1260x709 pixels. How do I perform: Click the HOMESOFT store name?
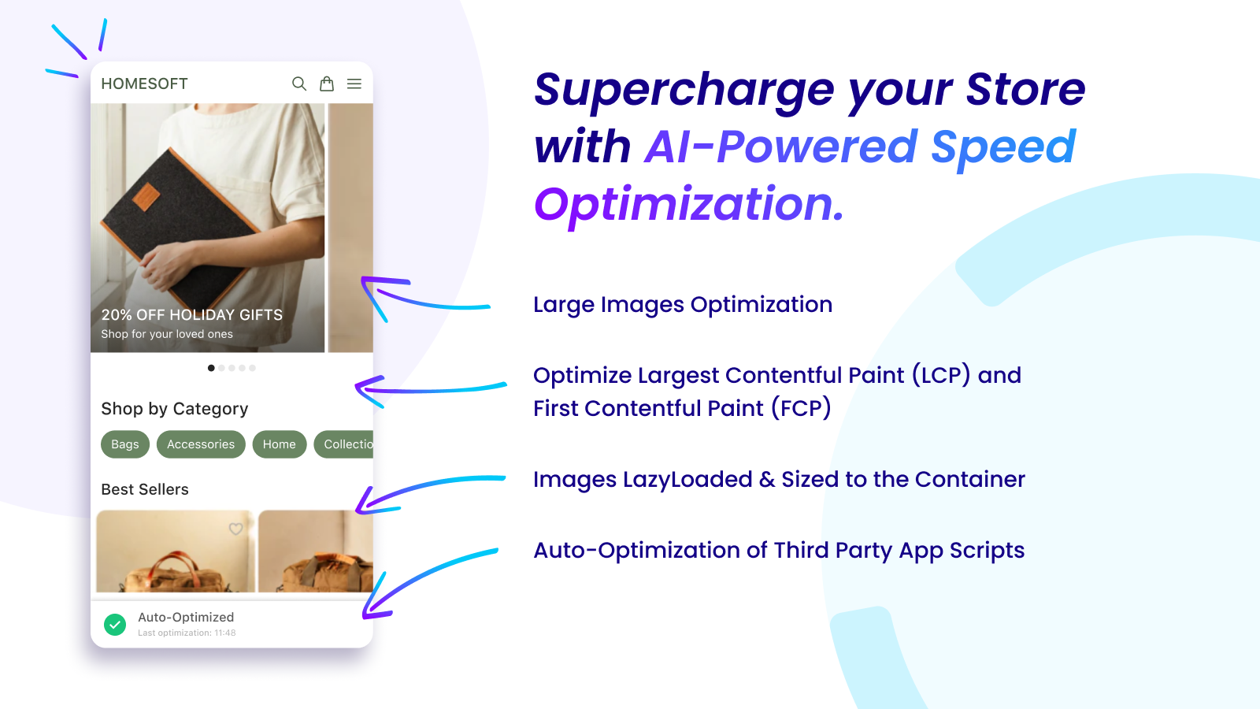coord(144,84)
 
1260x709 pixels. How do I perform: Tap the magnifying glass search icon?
coord(299,84)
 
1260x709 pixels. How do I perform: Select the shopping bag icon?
coord(327,84)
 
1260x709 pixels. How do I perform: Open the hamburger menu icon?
coord(354,84)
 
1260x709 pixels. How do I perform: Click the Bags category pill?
coord(125,444)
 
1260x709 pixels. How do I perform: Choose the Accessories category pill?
coord(201,444)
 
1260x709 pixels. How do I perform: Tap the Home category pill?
coord(280,444)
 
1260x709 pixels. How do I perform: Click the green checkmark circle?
coord(115,625)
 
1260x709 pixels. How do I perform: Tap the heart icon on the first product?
coord(235,529)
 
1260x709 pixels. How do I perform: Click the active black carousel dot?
coord(211,368)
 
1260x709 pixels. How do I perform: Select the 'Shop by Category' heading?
coord(175,409)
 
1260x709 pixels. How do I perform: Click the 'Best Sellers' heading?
coord(145,489)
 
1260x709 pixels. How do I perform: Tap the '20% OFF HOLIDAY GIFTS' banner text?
coord(191,315)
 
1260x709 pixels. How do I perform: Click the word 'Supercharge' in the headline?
coord(684,90)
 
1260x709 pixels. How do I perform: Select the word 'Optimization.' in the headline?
coord(689,204)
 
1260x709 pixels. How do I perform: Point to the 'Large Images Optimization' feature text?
coord(682,305)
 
